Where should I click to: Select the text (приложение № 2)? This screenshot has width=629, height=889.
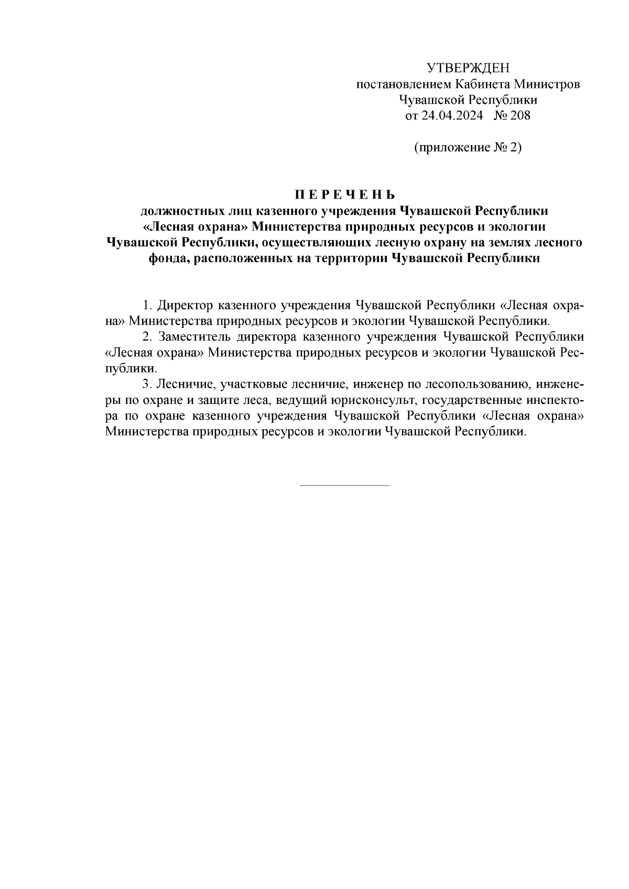click(x=468, y=148)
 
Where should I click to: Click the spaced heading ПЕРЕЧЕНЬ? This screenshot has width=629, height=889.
click(x=344, y=195)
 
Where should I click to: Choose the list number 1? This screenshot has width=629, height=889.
click(x=146, y=305)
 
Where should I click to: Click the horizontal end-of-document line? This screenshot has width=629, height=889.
click(x=344, y=485)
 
